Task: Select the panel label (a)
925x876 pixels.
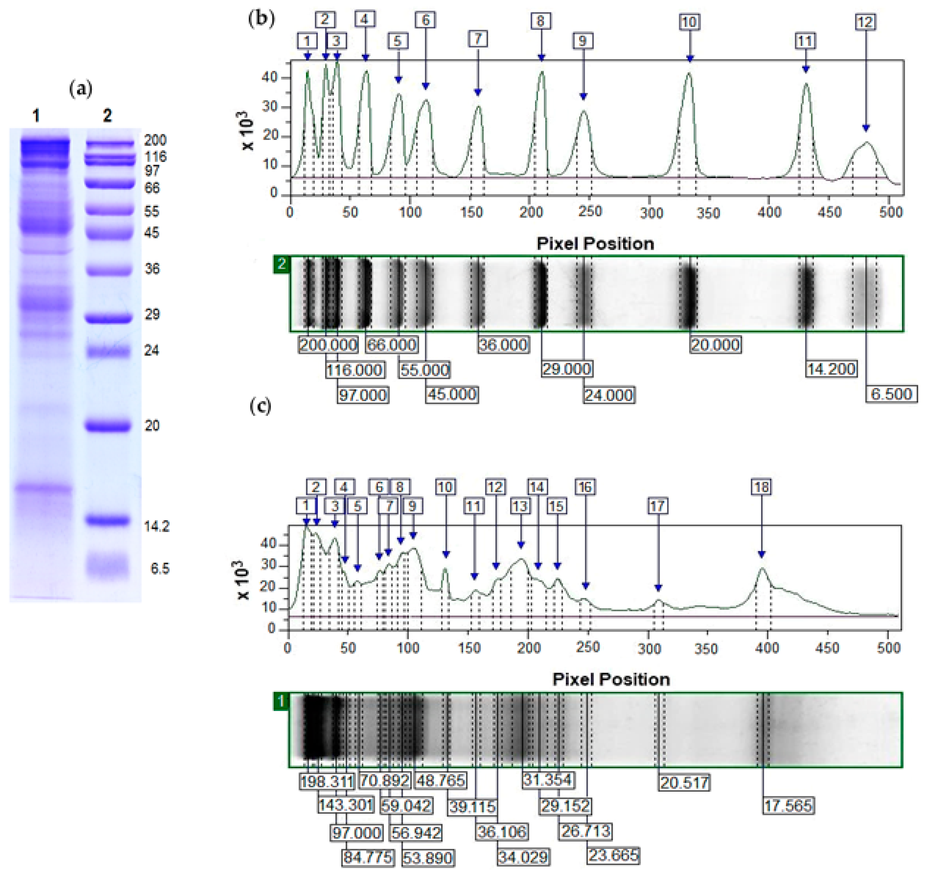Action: point(80,88)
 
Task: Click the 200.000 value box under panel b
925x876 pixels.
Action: point(328,345)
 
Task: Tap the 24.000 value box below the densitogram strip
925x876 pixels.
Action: point(608,395)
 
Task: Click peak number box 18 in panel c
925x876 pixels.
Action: point(761,487)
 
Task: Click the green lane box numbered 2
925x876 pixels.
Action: point(282,264)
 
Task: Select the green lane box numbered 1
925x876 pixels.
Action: point(281,701)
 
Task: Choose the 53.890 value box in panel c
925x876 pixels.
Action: point(427,858)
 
